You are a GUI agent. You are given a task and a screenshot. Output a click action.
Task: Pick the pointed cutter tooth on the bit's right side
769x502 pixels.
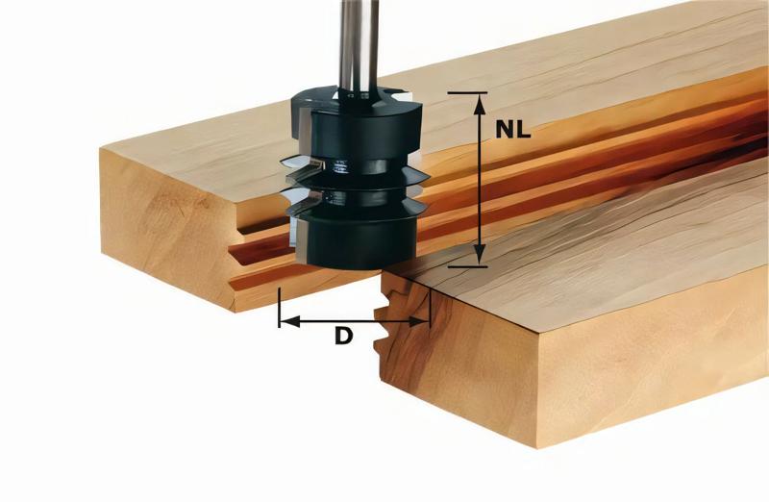point(420,177)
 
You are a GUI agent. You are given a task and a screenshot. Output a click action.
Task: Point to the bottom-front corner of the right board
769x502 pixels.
point(537,447)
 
